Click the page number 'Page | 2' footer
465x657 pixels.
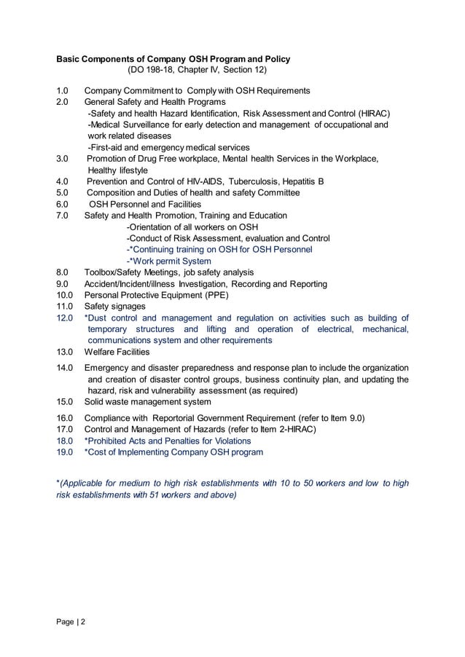click(x=71, y=623)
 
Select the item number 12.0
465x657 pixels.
click(x=65, y=318)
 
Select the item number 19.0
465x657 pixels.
click(x=65, y=452)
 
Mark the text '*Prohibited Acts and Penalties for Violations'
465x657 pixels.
click(x=168, y=441)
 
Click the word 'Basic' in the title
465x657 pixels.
click(x=71, y=59)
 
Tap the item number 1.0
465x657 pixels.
click(x=63, y=90)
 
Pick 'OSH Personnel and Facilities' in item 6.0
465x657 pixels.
click(x=145, y=204)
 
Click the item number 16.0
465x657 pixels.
click(x=65, y=418)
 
